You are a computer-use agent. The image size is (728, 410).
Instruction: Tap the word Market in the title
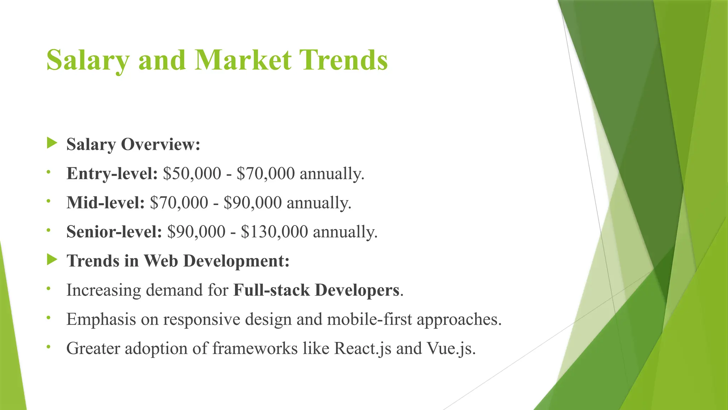tap(243, 60)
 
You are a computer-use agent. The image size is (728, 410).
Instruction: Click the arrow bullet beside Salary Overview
tap(52, 143)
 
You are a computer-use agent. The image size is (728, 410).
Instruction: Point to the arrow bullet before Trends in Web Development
tap(52, 260)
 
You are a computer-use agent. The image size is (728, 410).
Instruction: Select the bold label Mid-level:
tap(106, 203)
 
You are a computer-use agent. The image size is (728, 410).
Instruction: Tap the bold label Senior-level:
tap(114, 232)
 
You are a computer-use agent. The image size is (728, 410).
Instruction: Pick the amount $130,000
tap(274, 232)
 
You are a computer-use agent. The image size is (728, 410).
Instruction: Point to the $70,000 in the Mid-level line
tap(179, 203)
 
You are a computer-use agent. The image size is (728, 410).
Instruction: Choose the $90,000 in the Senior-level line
tap(196, 232)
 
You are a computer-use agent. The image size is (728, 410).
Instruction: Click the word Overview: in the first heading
tap(161, 144)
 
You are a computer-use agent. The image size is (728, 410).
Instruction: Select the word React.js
tap(363, 348)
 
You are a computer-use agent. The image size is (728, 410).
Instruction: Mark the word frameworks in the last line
tap(255, 348)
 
